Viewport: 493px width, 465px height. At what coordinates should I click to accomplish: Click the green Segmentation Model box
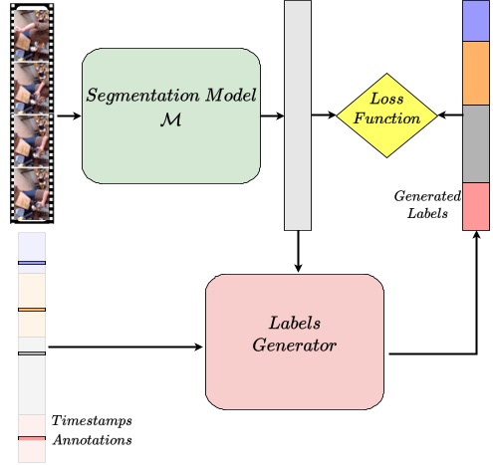(x=170, y=116)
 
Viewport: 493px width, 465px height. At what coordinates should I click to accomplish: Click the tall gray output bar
(x=298, y=116)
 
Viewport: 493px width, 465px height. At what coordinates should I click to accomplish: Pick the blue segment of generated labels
(x=476, y=22)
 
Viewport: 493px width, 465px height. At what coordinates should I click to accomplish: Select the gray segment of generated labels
(x=476, y=143)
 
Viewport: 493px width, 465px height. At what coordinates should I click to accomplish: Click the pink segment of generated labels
(x=476, y=206)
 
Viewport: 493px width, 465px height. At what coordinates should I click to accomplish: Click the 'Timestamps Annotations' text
(x=91, y=430)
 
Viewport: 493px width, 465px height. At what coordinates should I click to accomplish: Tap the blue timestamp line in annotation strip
(x=31, y=264)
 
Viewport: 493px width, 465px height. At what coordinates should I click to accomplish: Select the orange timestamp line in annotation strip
(x=31, y=310)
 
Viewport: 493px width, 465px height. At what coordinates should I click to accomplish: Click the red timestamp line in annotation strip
(x=31, y=438)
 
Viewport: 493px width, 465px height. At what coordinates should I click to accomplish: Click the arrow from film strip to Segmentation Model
(x=68, y=116)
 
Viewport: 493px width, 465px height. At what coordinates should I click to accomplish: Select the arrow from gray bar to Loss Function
(x=324, y=116)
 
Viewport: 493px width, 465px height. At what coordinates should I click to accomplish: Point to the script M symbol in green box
(x=170, y=126)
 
